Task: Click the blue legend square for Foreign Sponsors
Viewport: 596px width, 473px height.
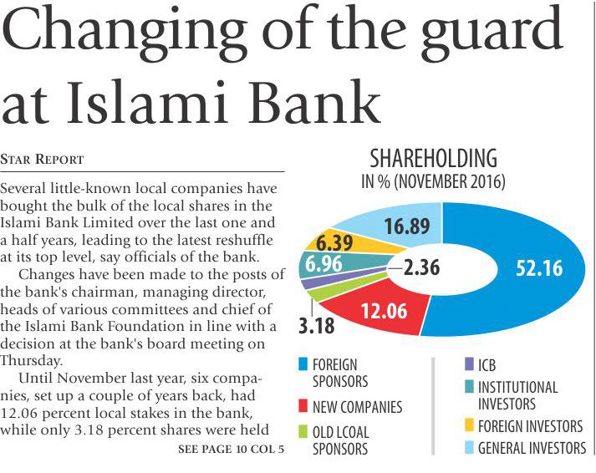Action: pos(301,364)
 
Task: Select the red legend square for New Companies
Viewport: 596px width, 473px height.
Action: pos(301,407)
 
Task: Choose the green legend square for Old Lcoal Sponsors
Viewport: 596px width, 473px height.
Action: pos(301,432)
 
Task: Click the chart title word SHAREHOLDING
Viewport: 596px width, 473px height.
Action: pos(433,159)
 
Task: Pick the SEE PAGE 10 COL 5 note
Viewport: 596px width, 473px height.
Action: pos(231,450)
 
